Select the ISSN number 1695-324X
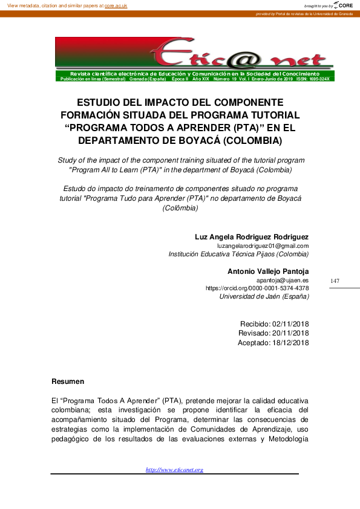click(319, 79)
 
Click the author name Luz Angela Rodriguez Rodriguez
click(251, 236)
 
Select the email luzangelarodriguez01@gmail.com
click(267, 246)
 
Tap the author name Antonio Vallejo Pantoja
click(268, 271)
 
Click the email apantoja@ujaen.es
click(283, 280)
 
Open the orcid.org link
click(257, 288)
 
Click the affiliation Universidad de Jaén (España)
click(264, 297)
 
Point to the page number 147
click(335, 281)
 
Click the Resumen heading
click(68, 381)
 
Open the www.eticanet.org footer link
click(174, 470)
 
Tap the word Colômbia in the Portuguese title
click(180, 208)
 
